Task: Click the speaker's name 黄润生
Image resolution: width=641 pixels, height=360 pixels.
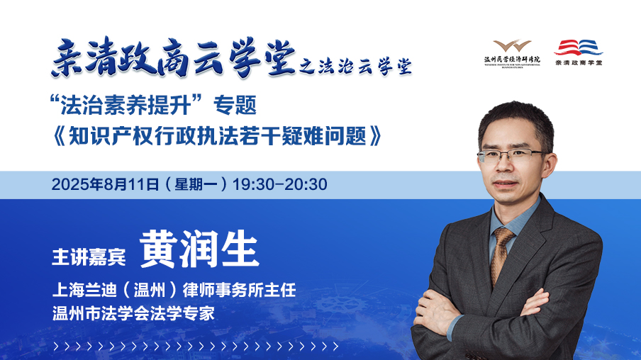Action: click(x=199, y=249)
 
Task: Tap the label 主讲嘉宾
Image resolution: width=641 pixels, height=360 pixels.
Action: click(x=89, y=257)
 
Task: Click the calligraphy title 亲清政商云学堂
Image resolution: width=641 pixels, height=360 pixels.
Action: click(x=174, y=57)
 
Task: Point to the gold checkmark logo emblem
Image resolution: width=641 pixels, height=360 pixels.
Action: click(x=512, y=45)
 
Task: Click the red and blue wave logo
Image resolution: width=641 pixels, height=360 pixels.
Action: click(x=578, y=47)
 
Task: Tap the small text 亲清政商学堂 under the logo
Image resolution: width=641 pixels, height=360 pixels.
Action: click(x=579, y=62)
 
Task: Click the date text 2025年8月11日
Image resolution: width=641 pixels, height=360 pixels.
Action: click(x=105, y=184)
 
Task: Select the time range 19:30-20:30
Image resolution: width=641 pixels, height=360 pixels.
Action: click(x=279, y=184)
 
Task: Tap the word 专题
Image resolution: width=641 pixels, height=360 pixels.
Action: click(x=235, y=105)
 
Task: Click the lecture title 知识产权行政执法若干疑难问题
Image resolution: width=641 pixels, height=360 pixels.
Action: click(x=217, y=135)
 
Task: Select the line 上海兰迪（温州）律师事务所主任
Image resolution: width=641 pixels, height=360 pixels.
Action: click(x=174, y=290)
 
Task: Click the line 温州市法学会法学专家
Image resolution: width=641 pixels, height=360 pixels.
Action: click(x=133, y=313)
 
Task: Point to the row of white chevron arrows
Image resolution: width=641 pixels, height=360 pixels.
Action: click(x=196, y=347)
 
